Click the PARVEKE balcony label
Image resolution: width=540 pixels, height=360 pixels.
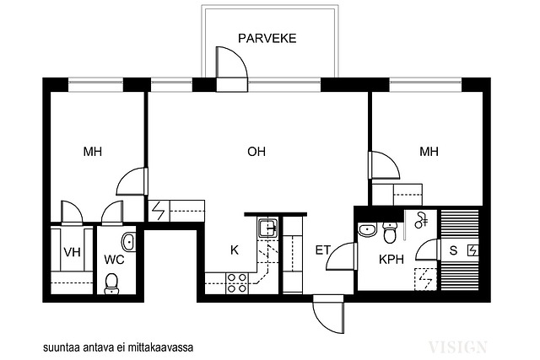[x=267, y=38]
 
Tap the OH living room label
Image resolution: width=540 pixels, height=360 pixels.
[x=256, y=152]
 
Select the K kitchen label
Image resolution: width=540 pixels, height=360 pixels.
[x=235, y=250]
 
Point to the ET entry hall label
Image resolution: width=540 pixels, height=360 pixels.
[x=322, y=250]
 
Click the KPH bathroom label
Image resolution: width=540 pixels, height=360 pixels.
[x=391, y=259]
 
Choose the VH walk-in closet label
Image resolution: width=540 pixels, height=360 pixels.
[x=72, y=252]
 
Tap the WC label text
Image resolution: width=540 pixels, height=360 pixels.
[x=114, y=260]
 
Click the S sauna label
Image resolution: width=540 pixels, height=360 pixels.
[x=453, y=250]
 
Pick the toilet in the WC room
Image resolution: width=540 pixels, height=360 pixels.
[x=111, y=284]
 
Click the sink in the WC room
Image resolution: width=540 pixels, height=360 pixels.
[x=128, y=242]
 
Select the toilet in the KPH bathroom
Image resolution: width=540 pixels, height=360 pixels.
[x=390, y=233]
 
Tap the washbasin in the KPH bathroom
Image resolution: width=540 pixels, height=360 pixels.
[x=367, y=230]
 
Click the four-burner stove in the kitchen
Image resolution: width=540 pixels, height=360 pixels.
[x=237, y=283]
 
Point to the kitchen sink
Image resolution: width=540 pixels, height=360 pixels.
[x=268, y=228]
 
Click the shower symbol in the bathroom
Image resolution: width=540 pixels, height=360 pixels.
[x=421, y=220]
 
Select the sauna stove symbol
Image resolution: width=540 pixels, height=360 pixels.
[x=472, y=250]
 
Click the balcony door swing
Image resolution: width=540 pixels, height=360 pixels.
[x=231, y=69]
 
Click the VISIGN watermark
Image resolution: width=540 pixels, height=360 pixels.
[x=457, y=347]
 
